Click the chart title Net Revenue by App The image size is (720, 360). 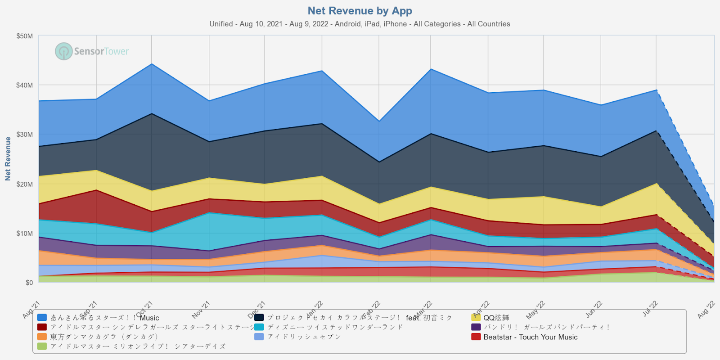coord(360,11)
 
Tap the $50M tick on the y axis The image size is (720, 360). coord(24,36)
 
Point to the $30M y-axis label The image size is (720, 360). coord(24,135)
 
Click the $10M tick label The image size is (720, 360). coord(24,233)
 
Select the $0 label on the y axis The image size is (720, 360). coord(29,283)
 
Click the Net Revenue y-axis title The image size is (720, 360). coord(8,159)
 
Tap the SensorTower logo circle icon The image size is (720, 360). coord(64,51)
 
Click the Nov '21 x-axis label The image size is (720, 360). coord(201,310)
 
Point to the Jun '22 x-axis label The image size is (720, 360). coord(594,310)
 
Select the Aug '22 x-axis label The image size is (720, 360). coord(706,310)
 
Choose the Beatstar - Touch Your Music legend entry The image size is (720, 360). coord(530,337)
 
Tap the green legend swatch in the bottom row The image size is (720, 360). coord(42,346)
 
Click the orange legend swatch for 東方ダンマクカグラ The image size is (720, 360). coord(42,337)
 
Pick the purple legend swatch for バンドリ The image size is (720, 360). coord(476,327)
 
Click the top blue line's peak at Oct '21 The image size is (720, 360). coord(152,64)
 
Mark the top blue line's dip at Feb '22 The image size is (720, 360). coord(379,121)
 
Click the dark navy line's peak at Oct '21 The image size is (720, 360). coord(152,113)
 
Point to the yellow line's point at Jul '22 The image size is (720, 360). coord(656,183)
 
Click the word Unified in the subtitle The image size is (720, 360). coord(221,24)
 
